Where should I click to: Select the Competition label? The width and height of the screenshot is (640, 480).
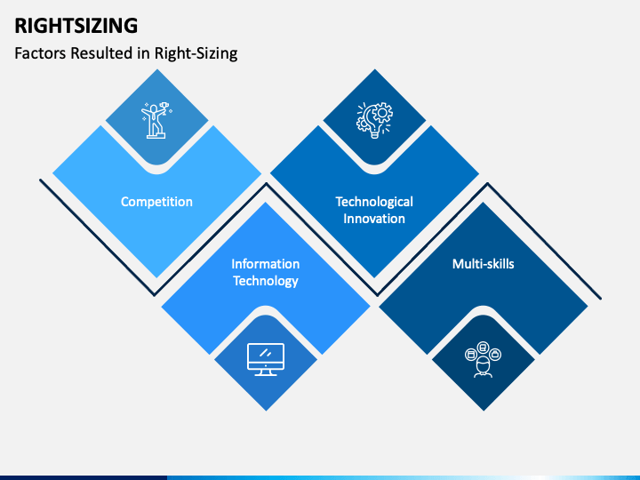156,202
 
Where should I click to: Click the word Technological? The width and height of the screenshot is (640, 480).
374,202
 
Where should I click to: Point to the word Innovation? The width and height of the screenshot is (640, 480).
374,219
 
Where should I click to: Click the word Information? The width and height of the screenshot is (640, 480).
266,264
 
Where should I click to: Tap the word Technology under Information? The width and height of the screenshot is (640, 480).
266,281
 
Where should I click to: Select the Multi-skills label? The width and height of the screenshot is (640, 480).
483,264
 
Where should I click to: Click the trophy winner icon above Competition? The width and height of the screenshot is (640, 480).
156,120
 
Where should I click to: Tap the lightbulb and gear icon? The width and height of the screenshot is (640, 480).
374,120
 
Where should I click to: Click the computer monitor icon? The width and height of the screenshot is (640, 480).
266,359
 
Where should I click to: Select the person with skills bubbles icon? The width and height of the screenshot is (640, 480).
483,359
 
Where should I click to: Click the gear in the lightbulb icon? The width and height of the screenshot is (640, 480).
380,115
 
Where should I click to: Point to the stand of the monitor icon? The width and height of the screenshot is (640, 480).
266,372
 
